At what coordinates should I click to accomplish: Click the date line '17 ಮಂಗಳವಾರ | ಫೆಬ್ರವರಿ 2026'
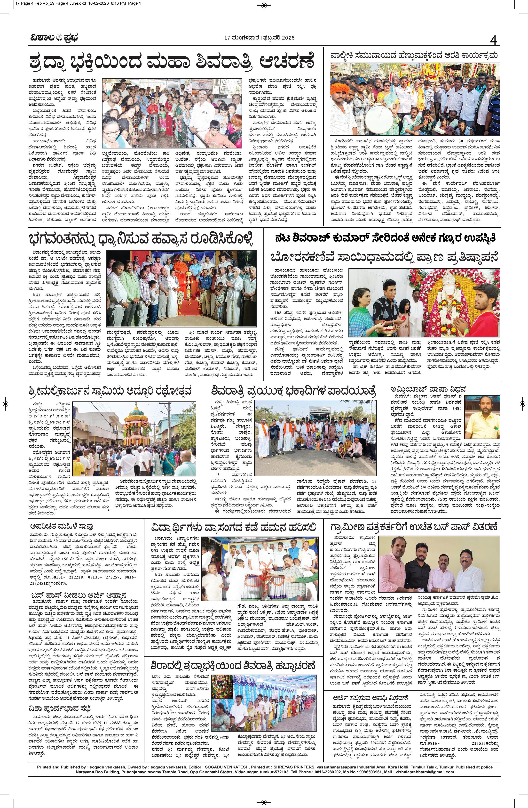pyautogui.click(x=260, y=38)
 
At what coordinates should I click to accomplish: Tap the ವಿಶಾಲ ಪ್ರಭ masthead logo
pyautogui.click(x=52, y=38)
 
